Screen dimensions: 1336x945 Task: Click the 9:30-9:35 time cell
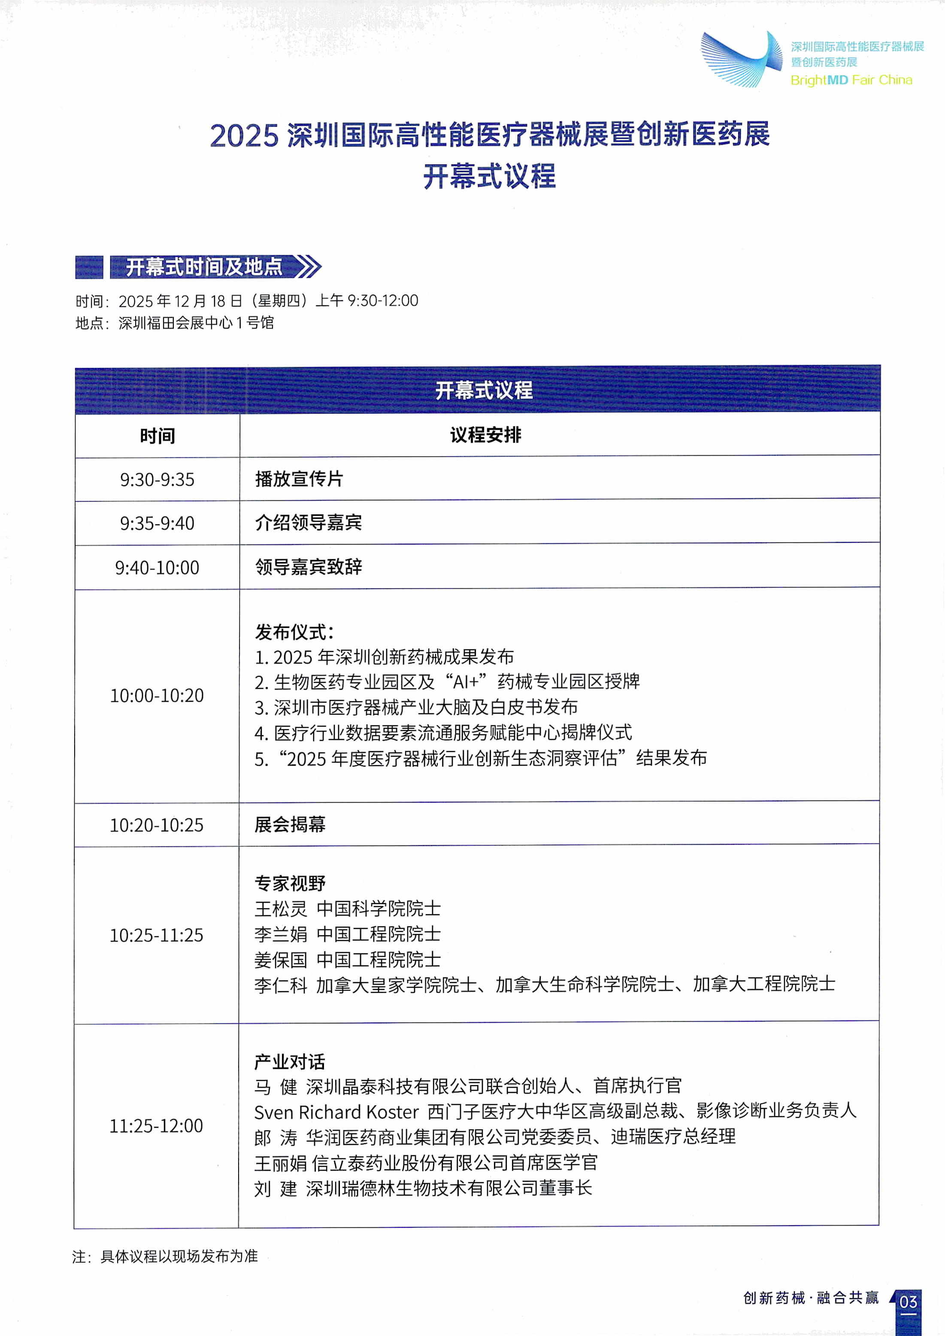coord(157,480)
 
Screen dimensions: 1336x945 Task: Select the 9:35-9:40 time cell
coord(157,523)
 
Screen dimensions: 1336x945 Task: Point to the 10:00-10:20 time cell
coord(157,695)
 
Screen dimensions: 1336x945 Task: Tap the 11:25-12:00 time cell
coord(157,1125)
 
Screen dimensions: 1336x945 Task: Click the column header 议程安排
coord(485,435)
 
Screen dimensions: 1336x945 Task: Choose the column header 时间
coord(157,435)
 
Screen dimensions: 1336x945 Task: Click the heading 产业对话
coord(289,1062)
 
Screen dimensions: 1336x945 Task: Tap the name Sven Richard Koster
coord(336,1112)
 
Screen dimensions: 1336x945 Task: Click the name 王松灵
coord(281,909)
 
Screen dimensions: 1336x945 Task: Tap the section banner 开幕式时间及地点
coord(204,267)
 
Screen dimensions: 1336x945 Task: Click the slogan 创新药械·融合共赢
coord(811,1298)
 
